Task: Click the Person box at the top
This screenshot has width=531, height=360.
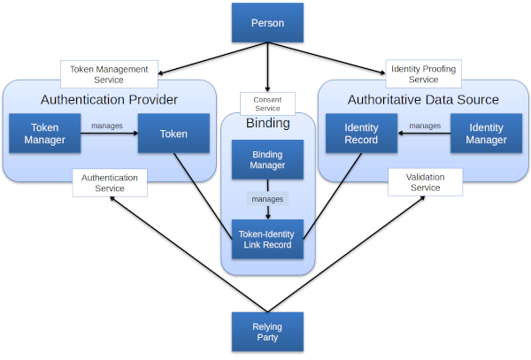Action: [267, 23]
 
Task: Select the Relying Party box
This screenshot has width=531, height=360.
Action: [267, 333]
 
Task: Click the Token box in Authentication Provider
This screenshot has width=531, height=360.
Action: [173, 134]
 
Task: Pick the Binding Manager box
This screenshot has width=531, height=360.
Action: [267, 158]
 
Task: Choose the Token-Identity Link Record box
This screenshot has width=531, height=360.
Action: [267, 239]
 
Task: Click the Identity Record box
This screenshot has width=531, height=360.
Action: [361, 134]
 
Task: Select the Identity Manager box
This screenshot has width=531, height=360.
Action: [487, 134]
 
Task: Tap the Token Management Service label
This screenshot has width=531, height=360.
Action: [109, 73]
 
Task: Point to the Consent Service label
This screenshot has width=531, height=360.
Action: [266, 103]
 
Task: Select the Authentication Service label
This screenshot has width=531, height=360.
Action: [110, 183]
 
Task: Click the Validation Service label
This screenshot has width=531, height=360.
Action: [425, 183]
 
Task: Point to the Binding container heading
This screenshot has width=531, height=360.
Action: [267, 123]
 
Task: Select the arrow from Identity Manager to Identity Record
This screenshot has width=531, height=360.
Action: [423, 134]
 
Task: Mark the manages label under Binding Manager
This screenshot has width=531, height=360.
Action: [267, 199]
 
